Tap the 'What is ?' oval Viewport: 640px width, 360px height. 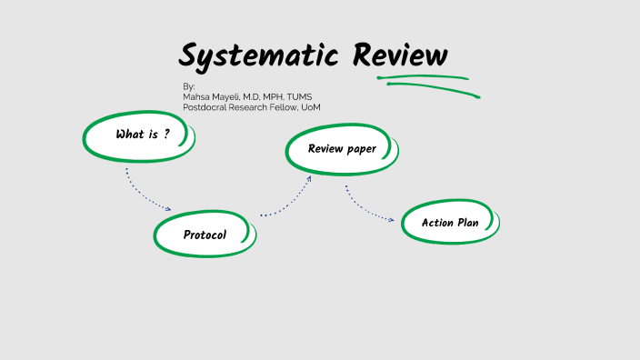pos(140,135)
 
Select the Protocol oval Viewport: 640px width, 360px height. pos(205,235)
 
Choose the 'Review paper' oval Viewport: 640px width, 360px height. pos(342,149)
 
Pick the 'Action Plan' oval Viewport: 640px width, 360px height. pos(450,223)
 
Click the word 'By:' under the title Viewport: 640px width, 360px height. pos(189,86)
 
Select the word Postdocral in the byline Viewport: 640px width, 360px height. pos(205,107)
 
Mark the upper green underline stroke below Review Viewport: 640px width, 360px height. pos(423,78)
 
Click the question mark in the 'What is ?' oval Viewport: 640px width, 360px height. pos(166,134)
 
